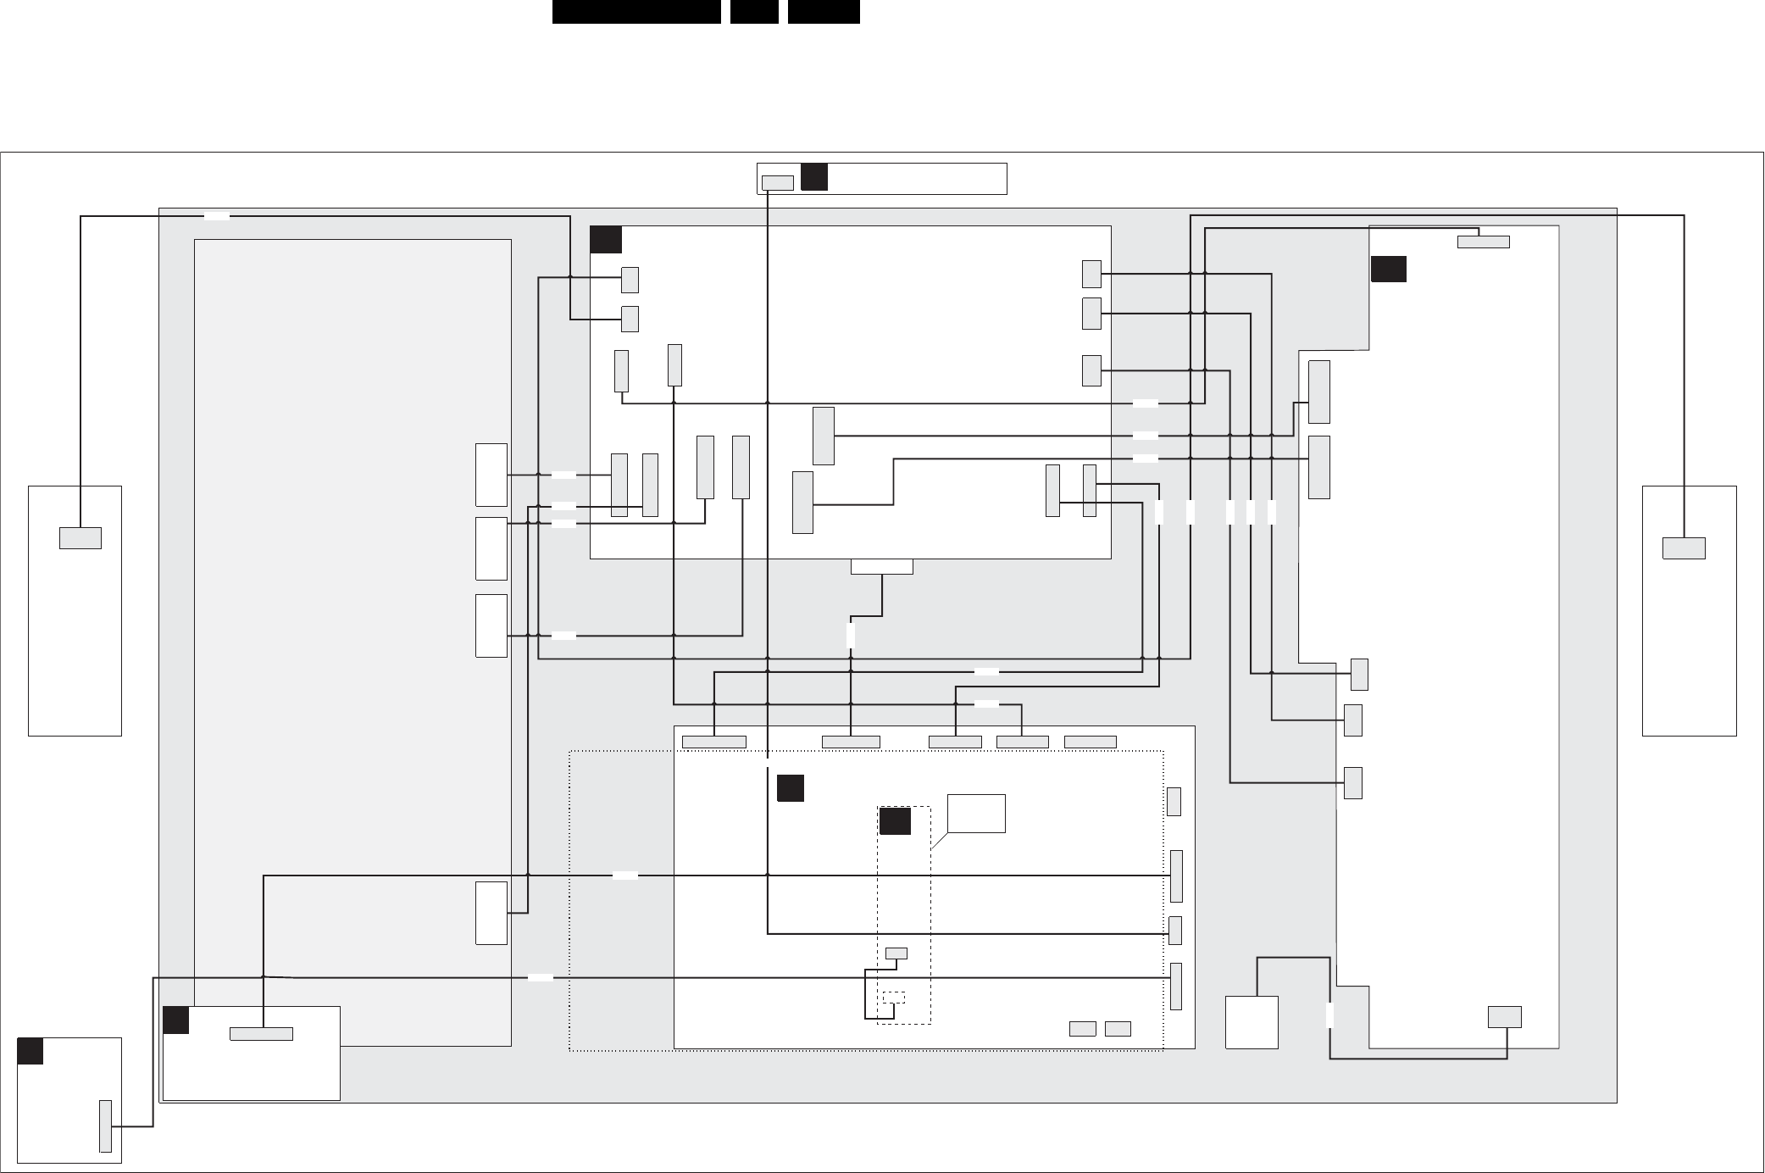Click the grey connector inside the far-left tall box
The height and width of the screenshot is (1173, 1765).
click(80, 538)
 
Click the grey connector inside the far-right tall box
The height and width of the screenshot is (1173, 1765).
click(1684, 548)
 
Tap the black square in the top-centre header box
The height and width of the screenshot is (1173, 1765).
click(814, 177)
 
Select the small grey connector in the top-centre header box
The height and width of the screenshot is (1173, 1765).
click(778, 183)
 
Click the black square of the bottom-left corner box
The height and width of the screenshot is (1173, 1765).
click(31, 1051)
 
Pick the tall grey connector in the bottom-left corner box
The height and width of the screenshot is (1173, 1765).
click(105, 1126)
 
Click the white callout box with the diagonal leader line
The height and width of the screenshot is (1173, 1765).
click(976, 814)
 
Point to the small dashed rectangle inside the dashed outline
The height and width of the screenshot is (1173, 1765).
click(893, 998)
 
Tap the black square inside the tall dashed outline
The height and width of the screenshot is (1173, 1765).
click(895, 821)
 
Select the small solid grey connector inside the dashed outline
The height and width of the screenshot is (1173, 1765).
click(896, 953)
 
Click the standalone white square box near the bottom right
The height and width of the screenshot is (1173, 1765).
click(1252, 1022)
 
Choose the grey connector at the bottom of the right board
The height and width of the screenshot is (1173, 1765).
click(1505, 1017)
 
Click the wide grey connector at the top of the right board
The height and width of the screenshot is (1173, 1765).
click(1483, 242)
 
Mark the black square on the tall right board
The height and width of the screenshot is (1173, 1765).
click(1389, 269)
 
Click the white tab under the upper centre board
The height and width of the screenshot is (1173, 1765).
click(882, 567)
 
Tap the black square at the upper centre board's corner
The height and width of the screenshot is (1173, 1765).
click(606, 240)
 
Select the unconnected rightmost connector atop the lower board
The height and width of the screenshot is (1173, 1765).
click(1090, 742)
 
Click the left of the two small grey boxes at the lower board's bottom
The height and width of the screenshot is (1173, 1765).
click(1082, 1029)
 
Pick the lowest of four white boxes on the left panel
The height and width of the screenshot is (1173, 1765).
click(491, 913)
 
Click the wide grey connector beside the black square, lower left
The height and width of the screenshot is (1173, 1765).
click(262, 1034)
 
